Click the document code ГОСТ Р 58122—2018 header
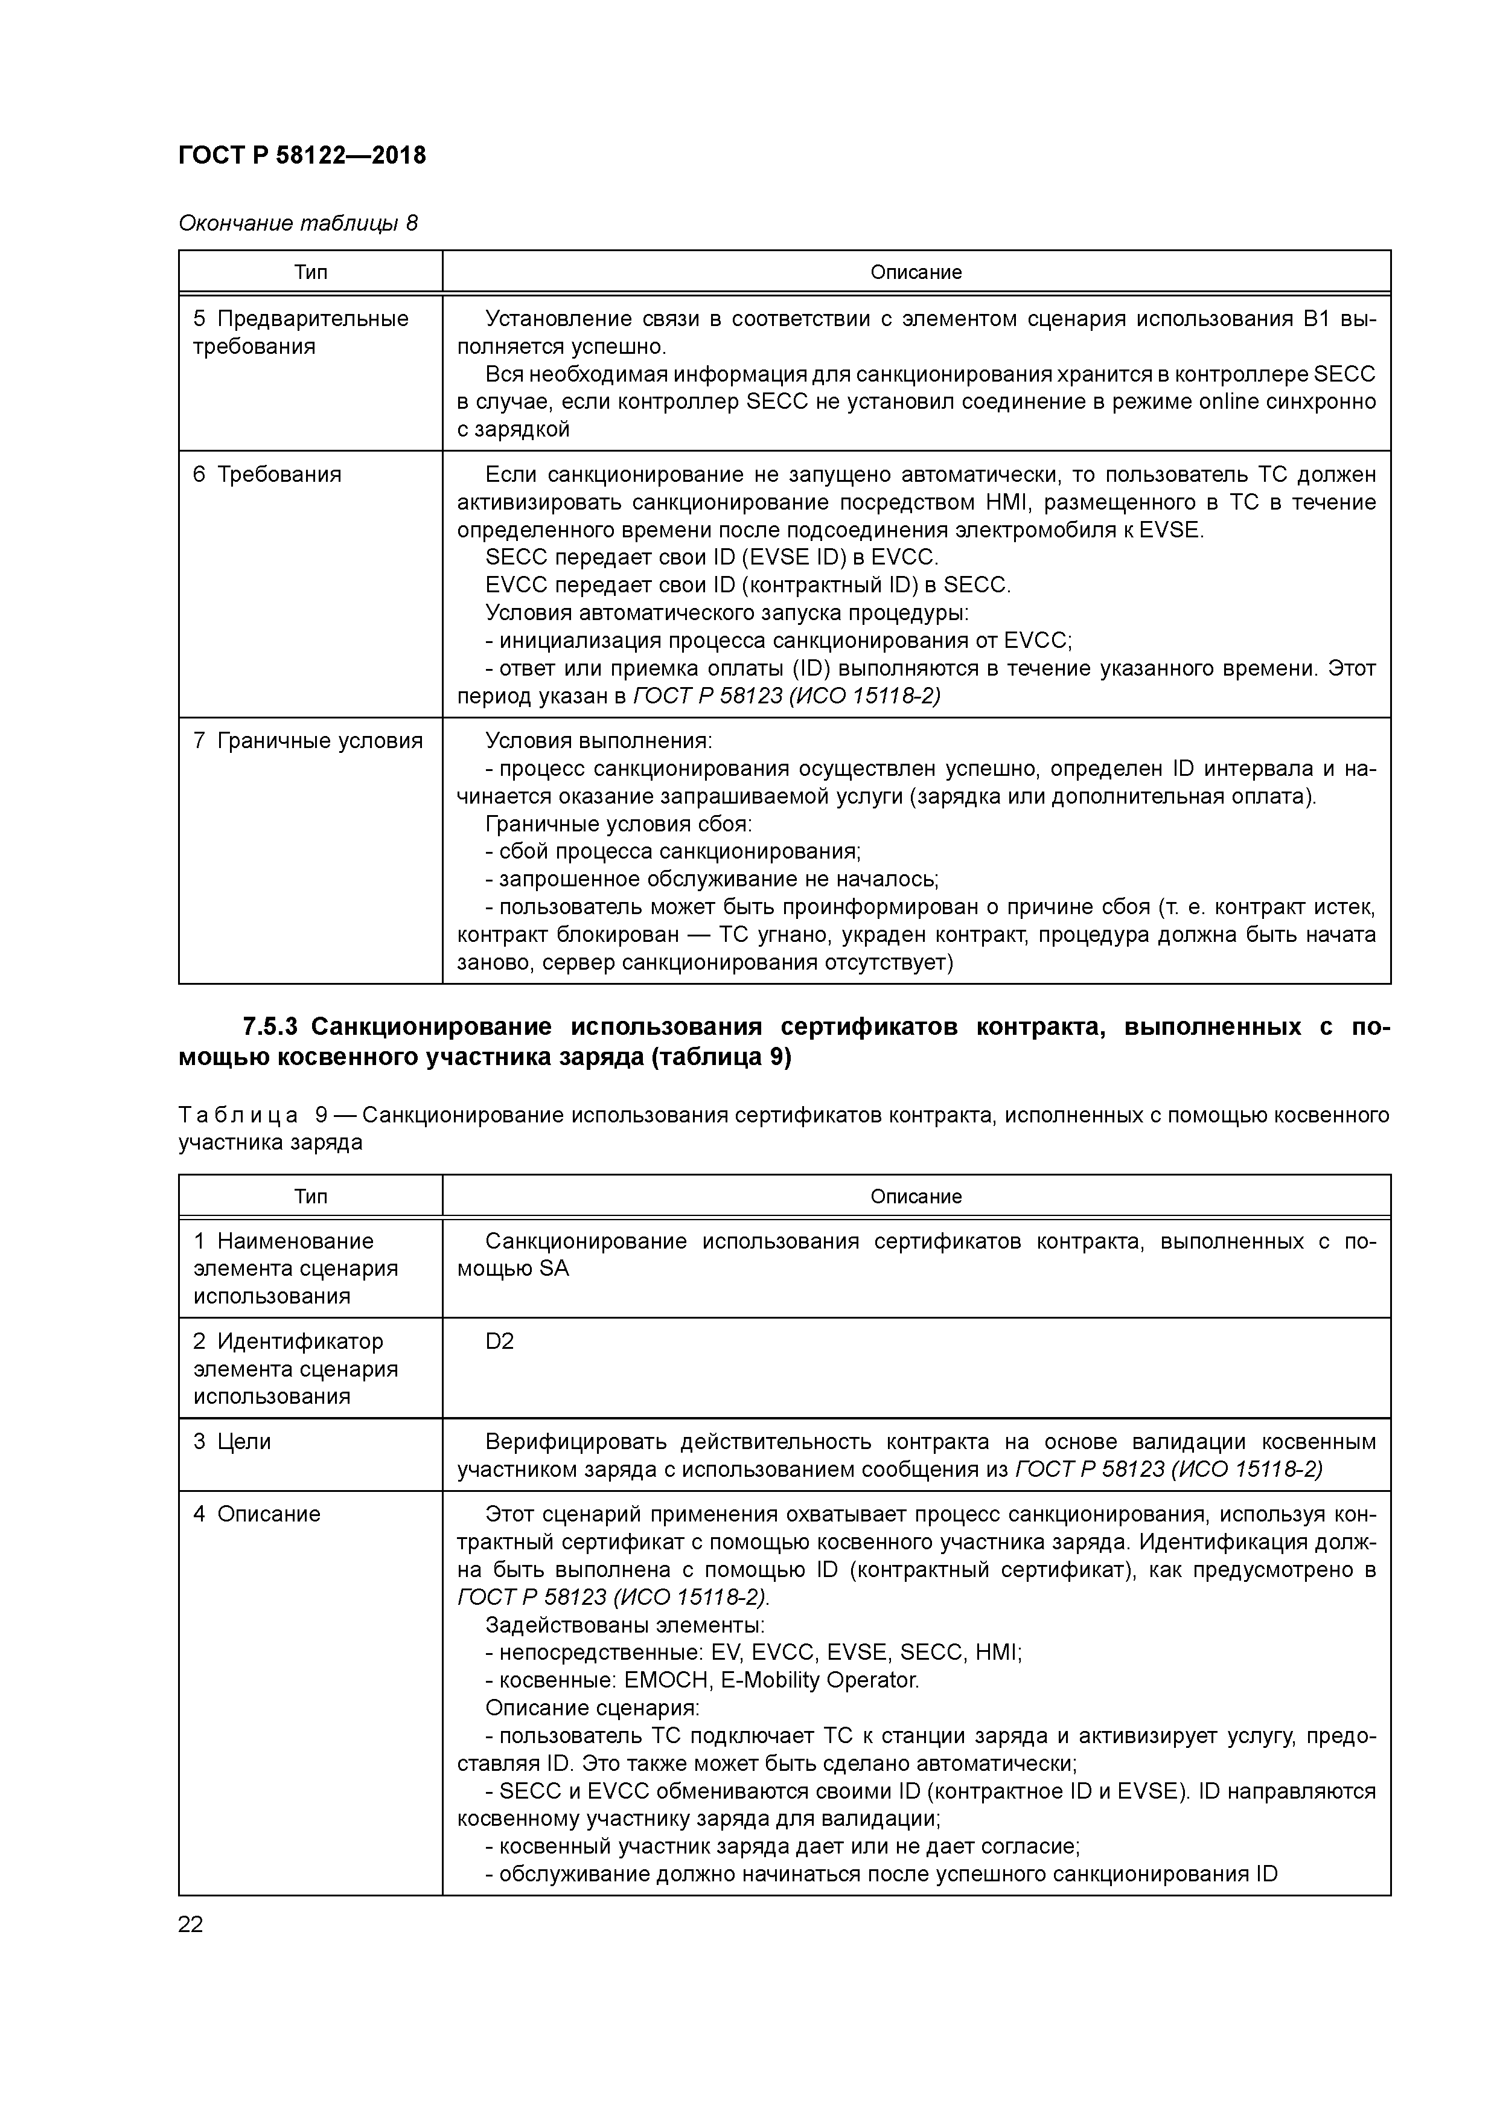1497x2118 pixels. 302,155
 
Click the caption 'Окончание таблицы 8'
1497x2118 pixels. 297,223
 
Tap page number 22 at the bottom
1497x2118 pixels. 190,1924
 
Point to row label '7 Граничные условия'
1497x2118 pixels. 307,741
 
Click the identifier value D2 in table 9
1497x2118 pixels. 499,1342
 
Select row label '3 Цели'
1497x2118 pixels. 232,1442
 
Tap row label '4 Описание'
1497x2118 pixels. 257,1514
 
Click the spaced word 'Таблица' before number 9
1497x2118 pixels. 238,1115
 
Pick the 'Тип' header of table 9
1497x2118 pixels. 310,1197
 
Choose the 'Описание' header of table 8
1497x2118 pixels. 915,272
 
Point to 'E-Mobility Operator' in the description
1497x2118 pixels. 819,1680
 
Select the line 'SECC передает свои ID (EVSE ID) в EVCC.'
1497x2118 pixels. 711,557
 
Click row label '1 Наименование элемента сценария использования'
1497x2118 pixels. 295,1269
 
